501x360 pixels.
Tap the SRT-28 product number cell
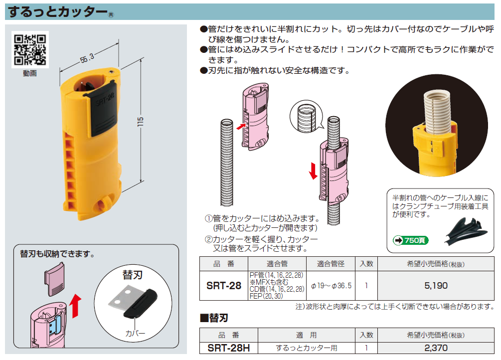click(x=223, y=286)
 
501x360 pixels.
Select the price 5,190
click(x=436, y=286)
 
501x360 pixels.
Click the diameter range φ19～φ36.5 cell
click(x=332, y=286)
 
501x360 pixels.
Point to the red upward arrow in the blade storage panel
click(x=75, y=306)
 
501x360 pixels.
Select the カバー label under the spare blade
click(x=136, y=333)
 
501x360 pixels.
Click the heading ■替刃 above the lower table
click(x=214, y=318)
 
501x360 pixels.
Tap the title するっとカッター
click(x=57, y=11)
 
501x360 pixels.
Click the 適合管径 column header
click(x=332, y=264)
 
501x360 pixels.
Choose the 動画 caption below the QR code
click(x=29, y=73)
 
